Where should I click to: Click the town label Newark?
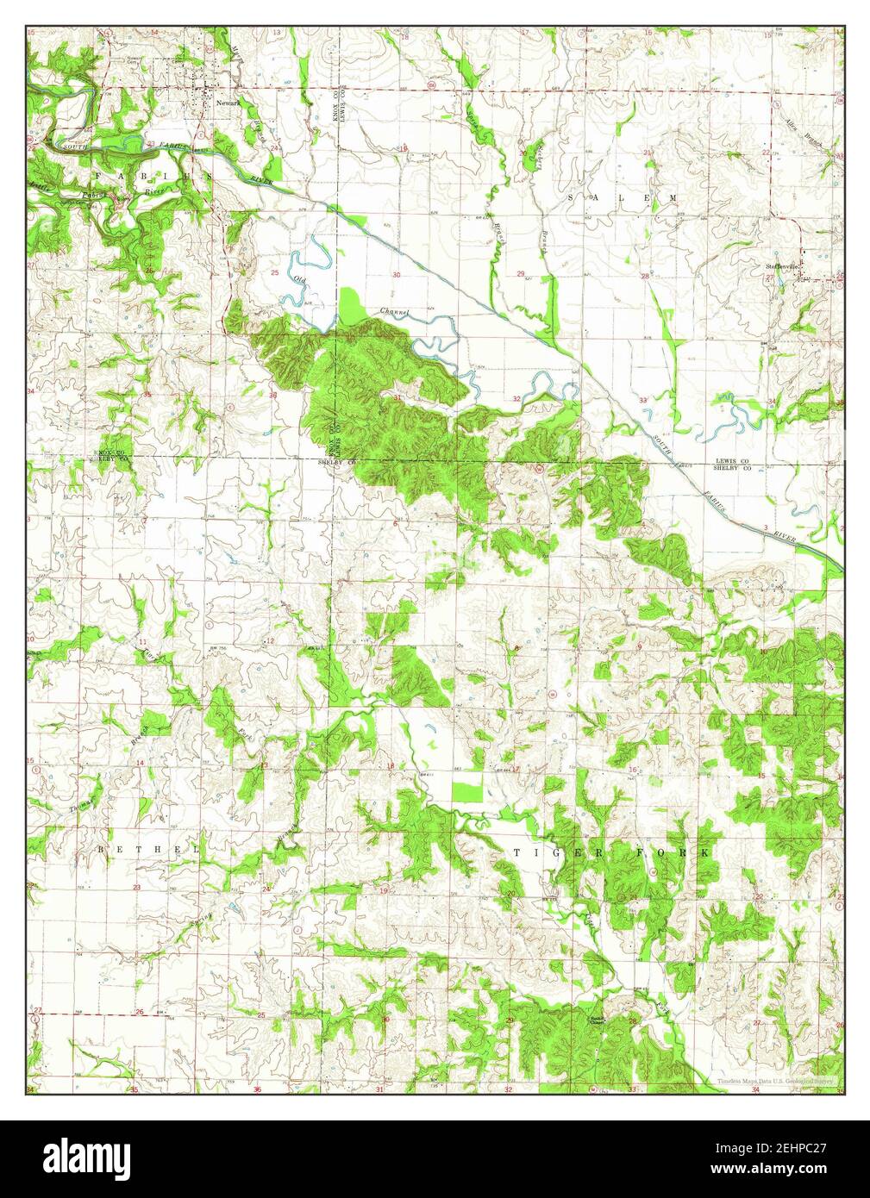[x=228, y=103]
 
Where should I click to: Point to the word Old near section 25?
[x=300, y=279]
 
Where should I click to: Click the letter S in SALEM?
[x=573, y=197]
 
